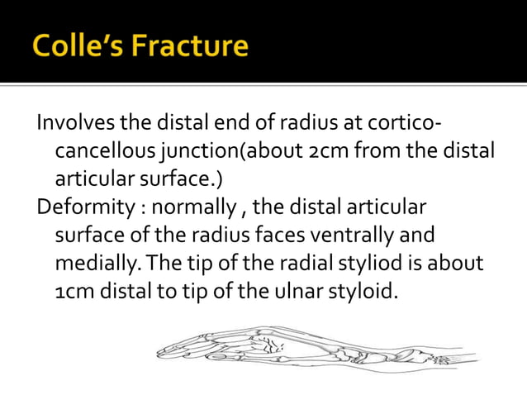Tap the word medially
click(89, 262)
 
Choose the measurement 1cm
click(73, 290)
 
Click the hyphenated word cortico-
click(407, 124)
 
